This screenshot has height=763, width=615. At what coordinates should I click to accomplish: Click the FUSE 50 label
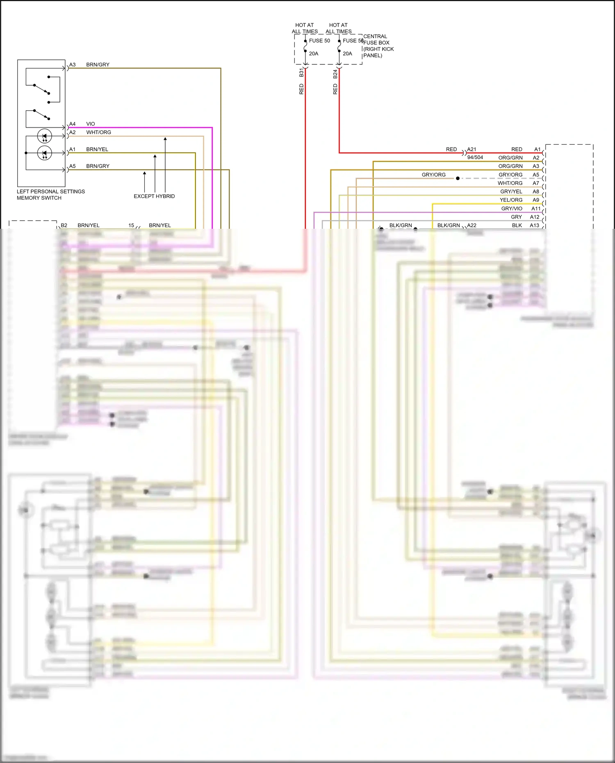coord(319,41)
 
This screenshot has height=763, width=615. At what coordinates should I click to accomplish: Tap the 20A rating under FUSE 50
coord(313,54)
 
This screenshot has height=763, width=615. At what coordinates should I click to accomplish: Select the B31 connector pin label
coord(301,73)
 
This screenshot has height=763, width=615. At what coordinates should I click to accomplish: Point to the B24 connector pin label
coord(335,74)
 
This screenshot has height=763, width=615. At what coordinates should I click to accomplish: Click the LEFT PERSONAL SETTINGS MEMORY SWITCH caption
coord(50,194)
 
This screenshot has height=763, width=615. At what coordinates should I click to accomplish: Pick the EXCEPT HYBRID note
coord(154,196)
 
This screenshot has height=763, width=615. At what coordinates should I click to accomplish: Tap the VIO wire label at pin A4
coord(90,124)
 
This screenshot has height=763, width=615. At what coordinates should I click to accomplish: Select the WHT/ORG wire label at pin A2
coord(98,132)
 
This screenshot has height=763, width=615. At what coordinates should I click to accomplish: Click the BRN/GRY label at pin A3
coord(98,65)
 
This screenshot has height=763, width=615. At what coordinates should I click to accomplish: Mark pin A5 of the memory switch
coord(72,166)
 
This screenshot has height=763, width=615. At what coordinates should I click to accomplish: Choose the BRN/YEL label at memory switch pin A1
coord(97,149)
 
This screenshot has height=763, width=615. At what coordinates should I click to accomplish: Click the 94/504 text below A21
coord(475,157)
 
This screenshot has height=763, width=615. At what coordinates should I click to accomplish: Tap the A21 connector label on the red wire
coord(471,149)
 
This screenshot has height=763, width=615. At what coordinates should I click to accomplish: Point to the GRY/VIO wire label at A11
coord(512,208)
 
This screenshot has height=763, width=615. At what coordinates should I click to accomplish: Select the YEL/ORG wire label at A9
coord(511,200)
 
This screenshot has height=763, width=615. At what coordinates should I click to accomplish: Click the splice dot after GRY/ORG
coord(458,178)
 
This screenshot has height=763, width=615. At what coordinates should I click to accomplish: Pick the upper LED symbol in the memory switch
coord(44,136)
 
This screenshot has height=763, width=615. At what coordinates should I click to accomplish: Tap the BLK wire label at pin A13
coord(517,225)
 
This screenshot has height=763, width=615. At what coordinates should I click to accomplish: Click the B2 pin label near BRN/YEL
coord(64,225)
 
